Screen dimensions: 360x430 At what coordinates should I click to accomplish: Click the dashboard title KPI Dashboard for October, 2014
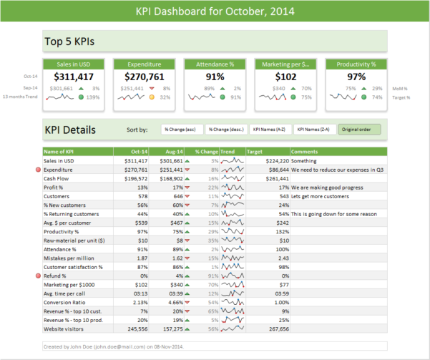215,12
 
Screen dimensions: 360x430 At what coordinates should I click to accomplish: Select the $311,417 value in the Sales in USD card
74,77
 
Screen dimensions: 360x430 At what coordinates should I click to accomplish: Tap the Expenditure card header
145,64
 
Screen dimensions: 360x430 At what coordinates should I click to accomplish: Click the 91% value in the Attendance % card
215,77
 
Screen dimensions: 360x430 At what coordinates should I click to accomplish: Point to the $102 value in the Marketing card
285,77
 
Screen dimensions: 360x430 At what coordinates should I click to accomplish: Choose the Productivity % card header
356,64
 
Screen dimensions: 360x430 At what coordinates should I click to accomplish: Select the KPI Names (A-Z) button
270,130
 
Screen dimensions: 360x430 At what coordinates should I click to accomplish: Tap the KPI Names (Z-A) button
314,130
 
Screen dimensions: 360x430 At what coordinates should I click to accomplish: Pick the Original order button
359,130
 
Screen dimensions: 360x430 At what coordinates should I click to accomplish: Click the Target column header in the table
255,152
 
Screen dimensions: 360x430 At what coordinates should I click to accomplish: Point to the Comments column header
305,152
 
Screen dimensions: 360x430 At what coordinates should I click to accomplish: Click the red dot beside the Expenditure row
38,170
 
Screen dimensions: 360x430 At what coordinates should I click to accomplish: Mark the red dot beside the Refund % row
38,276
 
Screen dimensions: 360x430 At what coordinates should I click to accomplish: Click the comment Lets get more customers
326,196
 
